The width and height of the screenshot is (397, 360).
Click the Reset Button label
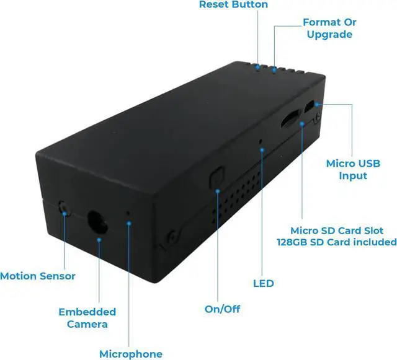233,5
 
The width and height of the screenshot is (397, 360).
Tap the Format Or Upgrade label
329,28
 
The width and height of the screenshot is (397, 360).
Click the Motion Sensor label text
38,276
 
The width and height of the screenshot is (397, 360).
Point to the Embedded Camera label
87,317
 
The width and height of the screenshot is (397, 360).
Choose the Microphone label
131,354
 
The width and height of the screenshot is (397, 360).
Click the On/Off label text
222,309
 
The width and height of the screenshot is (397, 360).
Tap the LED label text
263,284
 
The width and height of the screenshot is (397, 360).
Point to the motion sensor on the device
63,208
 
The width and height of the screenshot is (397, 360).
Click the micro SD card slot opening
290,120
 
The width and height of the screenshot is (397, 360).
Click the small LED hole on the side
261,142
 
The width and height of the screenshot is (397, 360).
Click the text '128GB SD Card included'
336,242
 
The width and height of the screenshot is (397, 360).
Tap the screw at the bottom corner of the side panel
170,237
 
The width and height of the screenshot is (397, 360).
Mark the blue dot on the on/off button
218,191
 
